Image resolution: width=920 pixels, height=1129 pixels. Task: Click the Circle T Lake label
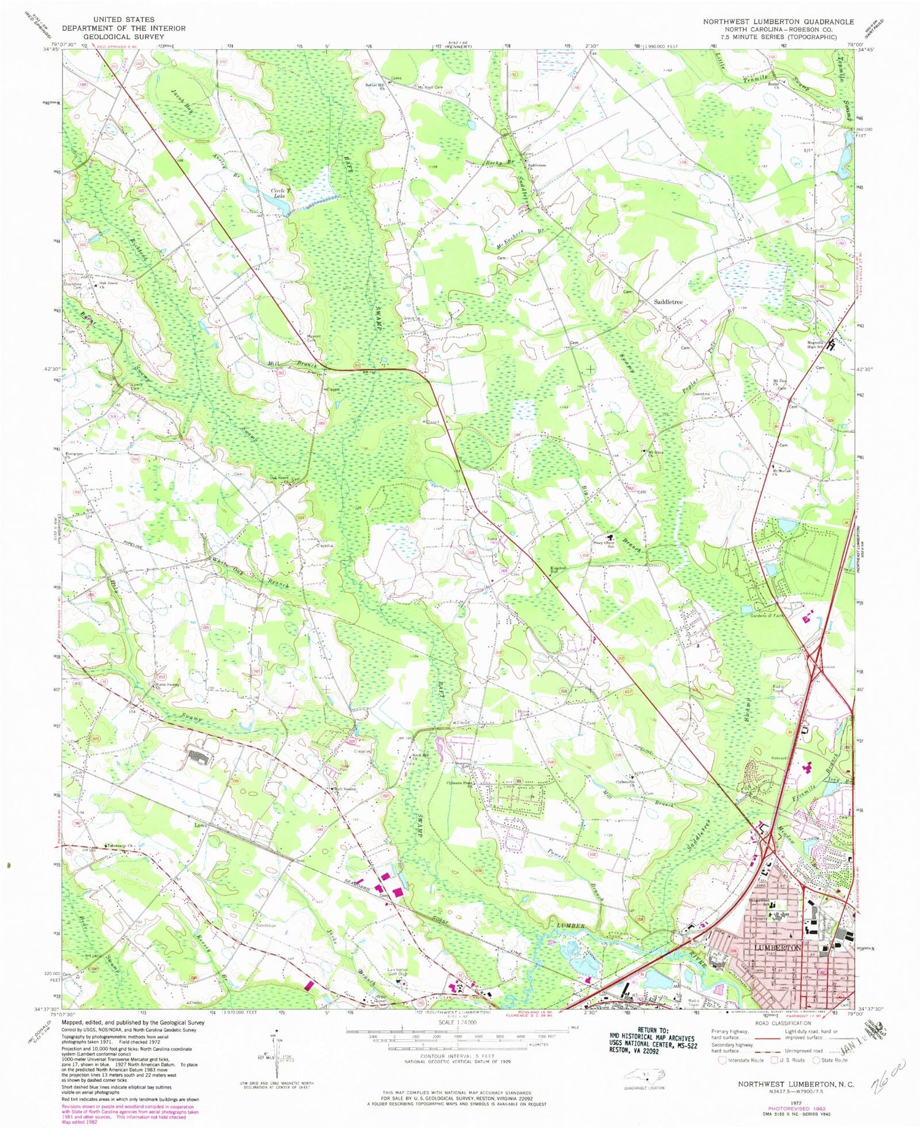point(280,193)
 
